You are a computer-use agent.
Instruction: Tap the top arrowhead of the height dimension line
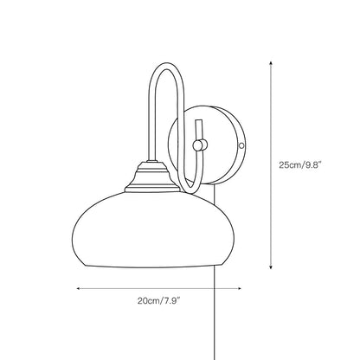click(x=275, y=61)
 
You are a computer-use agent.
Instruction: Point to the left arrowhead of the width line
click(x=80, y=288)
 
